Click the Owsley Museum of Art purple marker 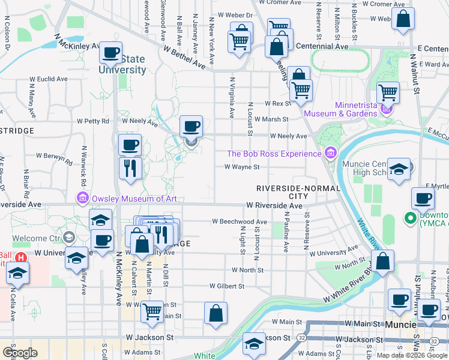[82, 197]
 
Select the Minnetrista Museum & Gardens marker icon [388, 109]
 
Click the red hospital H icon [20, 258]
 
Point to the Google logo [20, 352]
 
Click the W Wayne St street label [242, 167]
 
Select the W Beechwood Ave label [239, 221]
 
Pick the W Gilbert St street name [227, 286]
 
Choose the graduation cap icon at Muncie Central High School [398, 169]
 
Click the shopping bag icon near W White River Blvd [382, 261]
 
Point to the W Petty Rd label [96, 121]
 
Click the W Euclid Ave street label [52, 79]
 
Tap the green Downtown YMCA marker [411, 218]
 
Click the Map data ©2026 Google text [412, 355]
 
